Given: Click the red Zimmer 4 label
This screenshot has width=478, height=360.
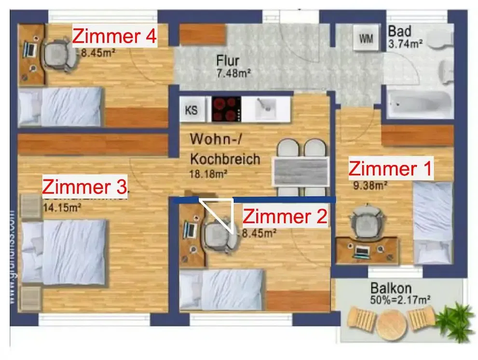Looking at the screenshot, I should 114,37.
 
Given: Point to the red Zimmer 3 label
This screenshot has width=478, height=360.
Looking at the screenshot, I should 85,186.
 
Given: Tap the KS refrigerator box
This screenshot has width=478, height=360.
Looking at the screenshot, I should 191,110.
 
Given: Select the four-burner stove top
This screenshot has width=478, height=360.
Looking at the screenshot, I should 226,110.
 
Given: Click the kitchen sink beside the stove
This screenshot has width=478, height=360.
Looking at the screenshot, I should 265,109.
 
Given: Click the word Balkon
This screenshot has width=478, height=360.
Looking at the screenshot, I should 391,289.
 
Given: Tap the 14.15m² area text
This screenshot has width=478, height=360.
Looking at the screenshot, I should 62,208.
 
